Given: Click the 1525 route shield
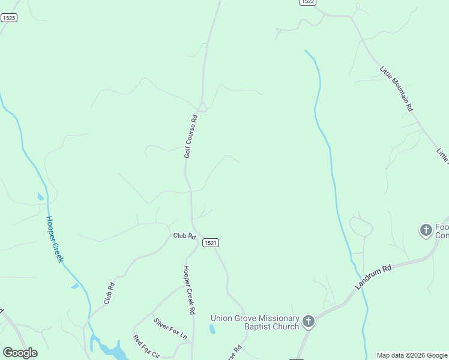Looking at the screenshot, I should (8, 18).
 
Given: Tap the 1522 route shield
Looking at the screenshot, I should (307, 2).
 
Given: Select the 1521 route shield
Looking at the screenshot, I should (210, 242).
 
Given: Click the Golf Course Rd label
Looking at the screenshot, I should (191, 136).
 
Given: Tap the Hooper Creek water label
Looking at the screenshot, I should (55, 239).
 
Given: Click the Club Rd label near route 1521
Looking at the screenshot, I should (185, 236).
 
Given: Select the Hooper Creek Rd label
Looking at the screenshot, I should (190, 290).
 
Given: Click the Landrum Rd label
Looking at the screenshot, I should (373, 278).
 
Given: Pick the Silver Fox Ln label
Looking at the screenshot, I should (170, 329).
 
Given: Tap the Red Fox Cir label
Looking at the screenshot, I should (146, 346).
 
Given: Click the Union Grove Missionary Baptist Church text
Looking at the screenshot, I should (255, 322).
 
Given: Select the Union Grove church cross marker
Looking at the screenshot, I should (308, 322).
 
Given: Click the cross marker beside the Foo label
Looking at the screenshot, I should (426, 230).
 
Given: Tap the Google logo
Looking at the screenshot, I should (20, 353).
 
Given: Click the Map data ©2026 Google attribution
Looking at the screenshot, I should (412, 356).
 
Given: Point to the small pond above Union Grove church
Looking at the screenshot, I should (212, 329).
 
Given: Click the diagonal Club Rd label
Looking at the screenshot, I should (109, 293).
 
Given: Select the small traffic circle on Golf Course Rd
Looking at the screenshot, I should (203, 107).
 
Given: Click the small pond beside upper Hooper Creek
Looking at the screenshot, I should (40, 196).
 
